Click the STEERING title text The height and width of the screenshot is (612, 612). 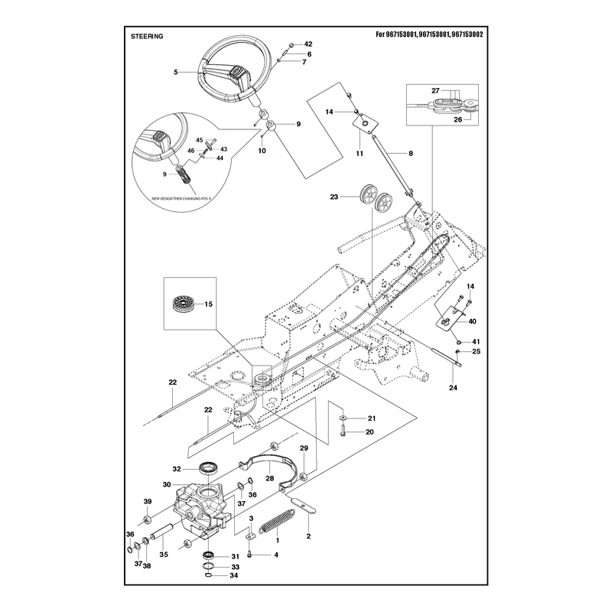point(147,36)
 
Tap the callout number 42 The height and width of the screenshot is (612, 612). point(308,44)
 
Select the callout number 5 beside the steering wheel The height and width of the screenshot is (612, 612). point(176,72)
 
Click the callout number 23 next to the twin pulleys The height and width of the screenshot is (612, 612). point(334,197)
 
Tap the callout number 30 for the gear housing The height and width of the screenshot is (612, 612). point(167,484)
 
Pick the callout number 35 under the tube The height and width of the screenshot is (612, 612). point(164,554)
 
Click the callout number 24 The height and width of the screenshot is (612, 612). point(453,388)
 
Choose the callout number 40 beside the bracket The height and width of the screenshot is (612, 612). point(472,321)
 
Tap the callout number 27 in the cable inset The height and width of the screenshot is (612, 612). point(435,90)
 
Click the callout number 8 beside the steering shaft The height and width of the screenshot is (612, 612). point(411,154)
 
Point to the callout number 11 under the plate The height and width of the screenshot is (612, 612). point(360,154)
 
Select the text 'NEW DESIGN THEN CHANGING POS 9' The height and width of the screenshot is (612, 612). point(181,199)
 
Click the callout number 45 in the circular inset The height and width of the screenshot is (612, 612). point(200,140)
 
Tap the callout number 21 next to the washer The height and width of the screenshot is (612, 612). point(372,418)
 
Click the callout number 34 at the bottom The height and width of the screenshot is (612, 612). point(234,575)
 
